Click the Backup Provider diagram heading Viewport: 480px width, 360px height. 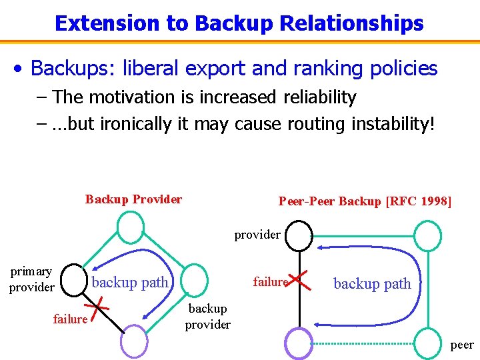pos(133,199)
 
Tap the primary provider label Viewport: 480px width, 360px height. pos(31,279)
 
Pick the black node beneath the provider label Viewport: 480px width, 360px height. pos(299,235)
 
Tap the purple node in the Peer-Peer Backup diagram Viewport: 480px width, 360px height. pos(298,343)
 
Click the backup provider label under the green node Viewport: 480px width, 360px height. pos(207,317)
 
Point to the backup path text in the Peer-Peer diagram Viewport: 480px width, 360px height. pos(372,284)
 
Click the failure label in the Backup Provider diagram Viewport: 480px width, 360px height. pos(70,319)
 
